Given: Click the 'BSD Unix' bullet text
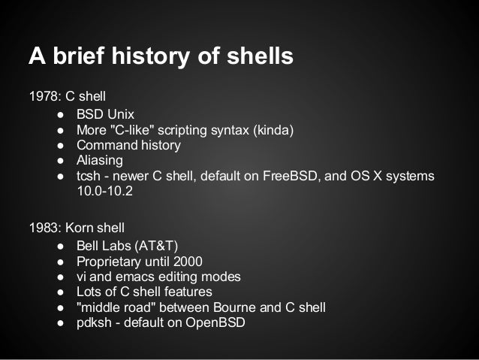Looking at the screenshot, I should (105, 115).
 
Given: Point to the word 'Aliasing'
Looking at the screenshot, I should (99, 160).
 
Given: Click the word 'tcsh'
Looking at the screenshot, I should (88, 176).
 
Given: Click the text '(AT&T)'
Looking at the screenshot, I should (154, 246).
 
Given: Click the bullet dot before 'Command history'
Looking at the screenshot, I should (59, 145).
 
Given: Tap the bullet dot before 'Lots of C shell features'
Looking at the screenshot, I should (59, 292).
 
